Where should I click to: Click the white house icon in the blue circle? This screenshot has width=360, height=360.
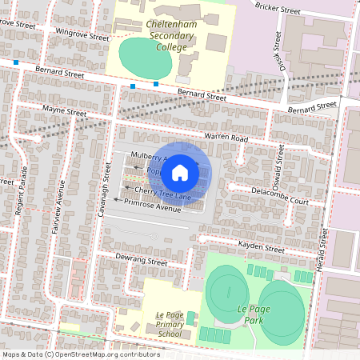(x=180, y=172)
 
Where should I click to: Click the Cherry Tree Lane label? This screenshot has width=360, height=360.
(x=162, y=193)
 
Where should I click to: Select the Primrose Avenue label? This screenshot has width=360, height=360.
(x=153, y=206)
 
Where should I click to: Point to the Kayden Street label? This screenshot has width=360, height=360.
(x=261, y=248)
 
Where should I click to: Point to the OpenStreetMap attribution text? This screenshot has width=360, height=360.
(x=80, y=354)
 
